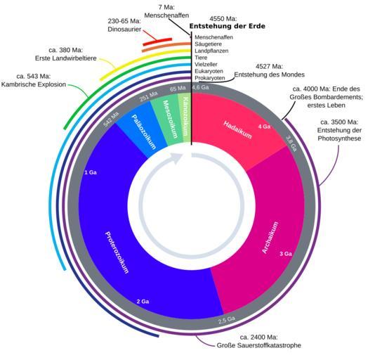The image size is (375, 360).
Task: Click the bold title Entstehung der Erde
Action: pos(228,26)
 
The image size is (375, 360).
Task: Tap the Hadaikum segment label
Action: pos(237,130)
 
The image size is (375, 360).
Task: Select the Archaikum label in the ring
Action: pos(270,238)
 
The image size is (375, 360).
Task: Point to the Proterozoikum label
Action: pos(117,252)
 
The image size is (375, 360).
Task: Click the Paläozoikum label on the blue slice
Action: pos(144,131)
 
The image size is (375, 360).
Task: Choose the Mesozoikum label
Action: pos(170,119)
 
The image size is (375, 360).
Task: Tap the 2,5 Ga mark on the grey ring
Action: pos(227,320)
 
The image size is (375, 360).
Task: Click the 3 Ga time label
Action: pos(286,254)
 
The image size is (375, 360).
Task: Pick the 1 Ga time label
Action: pos(91,172)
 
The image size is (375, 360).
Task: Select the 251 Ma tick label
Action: pos(148,96)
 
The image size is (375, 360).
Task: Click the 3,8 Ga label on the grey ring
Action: pos(291,143)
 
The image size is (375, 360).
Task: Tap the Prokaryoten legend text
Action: pos(210,78)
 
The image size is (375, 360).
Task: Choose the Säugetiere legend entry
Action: pos(208,44)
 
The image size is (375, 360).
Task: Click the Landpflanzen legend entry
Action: pos(211,51)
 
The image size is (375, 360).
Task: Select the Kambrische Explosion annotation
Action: pos(34,84)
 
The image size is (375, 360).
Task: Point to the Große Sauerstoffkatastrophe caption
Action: pos(258,345)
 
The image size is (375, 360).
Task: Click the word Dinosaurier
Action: pos(124,30)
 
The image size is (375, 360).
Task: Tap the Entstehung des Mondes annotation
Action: pos(269,75)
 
